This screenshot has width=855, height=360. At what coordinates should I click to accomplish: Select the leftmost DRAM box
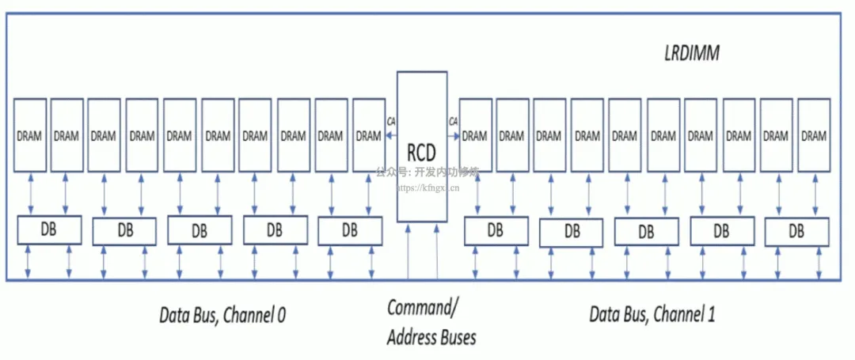pos(29,135)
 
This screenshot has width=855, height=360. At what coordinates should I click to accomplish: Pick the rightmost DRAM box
pos(813,135)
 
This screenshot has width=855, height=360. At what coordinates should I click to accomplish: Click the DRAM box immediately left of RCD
pos(368,135)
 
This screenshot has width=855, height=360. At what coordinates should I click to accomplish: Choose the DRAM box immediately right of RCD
pos(474,135)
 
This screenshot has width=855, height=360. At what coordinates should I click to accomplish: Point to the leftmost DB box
pos(49,230)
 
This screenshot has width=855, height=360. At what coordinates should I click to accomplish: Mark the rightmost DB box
pos(796,232)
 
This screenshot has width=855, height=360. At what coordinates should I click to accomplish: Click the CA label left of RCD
pos(391,121)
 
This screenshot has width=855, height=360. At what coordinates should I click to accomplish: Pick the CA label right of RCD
pos(453,121)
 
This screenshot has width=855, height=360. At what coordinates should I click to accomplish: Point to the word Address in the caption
pos(410,339)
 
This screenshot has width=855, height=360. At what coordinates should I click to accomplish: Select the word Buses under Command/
pos(457,339)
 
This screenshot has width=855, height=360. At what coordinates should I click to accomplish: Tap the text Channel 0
pos(255,316)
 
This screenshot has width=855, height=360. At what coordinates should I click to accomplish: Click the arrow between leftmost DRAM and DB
pos(29,193)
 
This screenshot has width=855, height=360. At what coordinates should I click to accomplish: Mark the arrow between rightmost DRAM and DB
pos(813,193)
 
